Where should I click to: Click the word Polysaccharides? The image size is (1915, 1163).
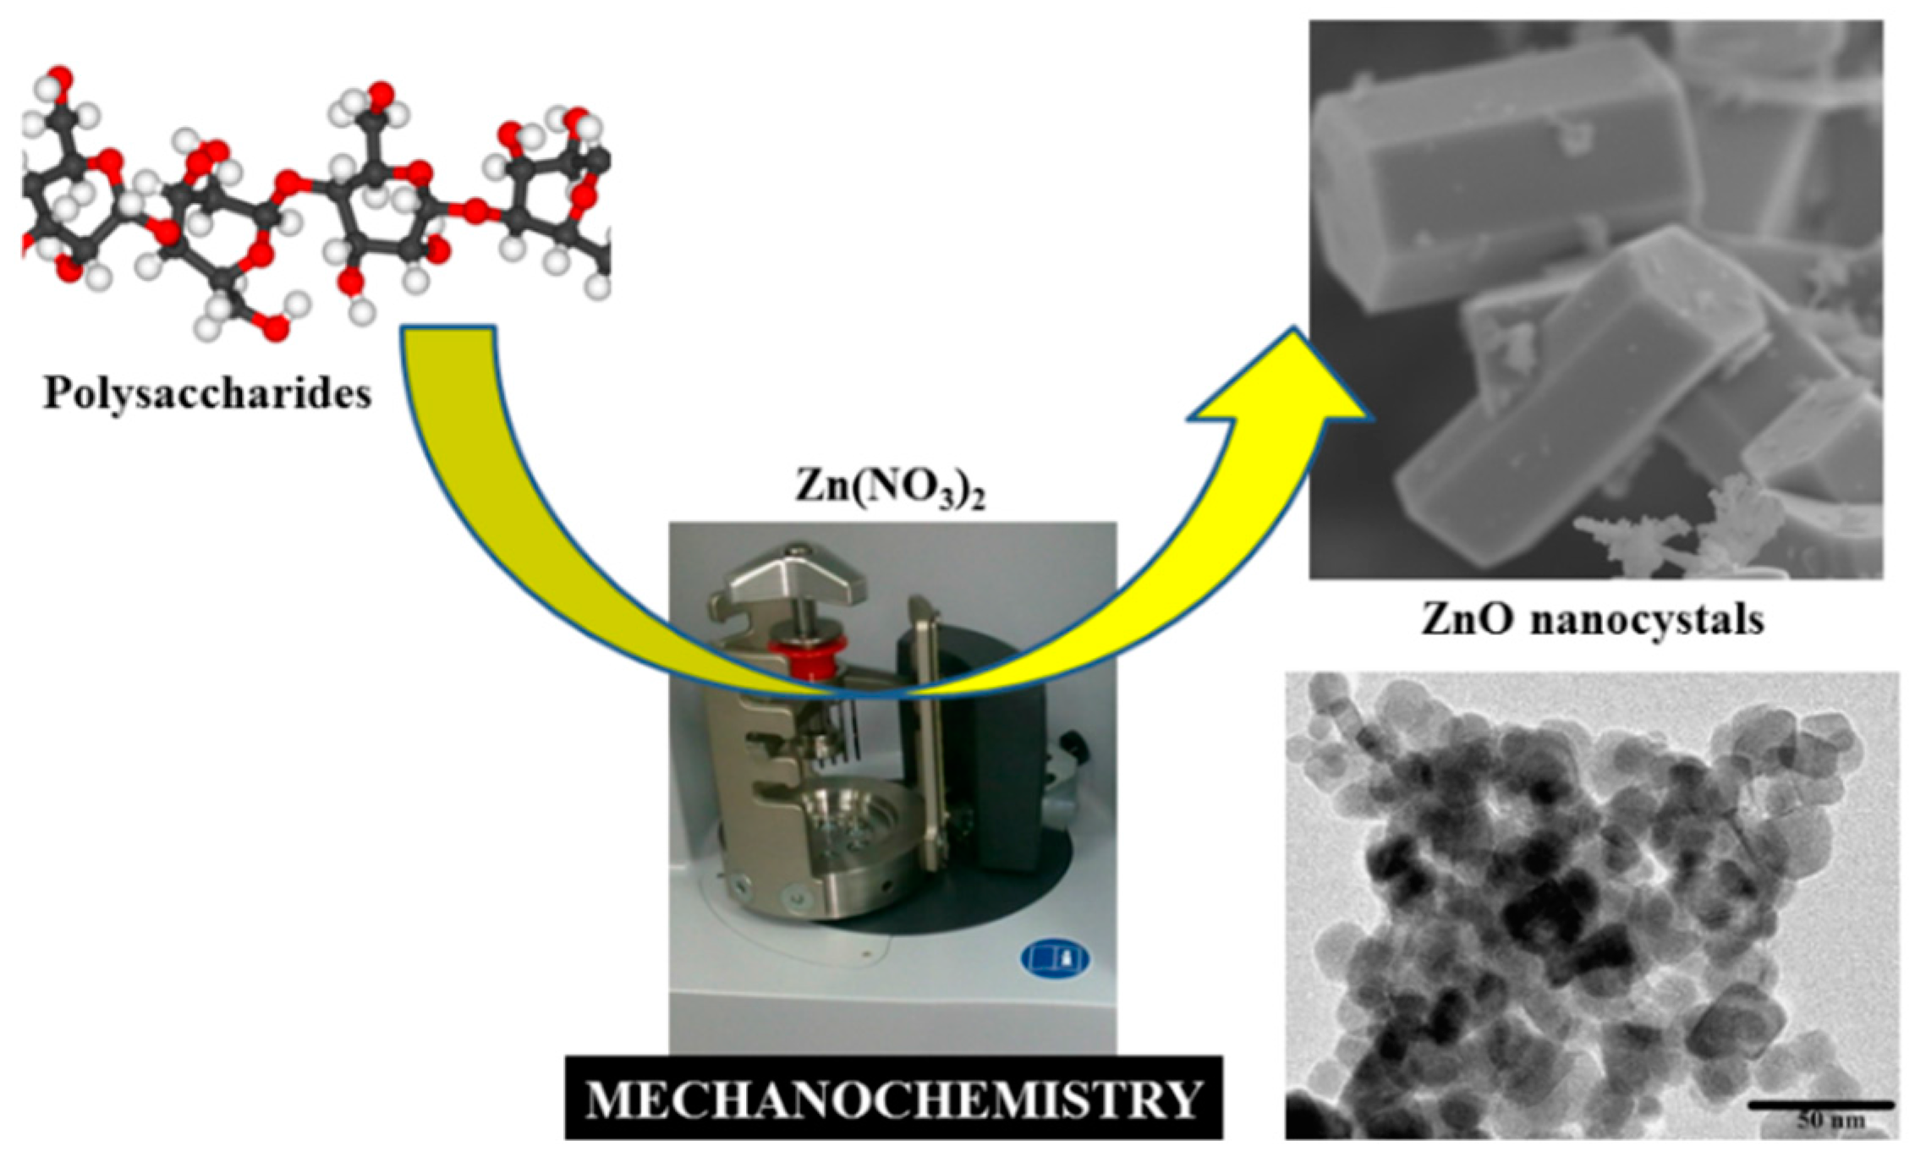(208, 394)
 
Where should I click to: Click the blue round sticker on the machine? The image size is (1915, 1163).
(1054, 958)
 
